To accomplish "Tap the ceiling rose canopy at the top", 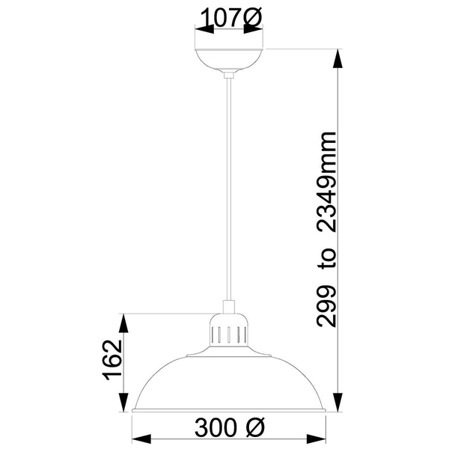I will (x=230, y=60).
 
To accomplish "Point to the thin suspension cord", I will (x=230, y=187).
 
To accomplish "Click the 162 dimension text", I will (x=112, y=362).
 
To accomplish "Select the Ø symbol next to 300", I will (x=254, y=429).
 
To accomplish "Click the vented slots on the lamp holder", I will (x=230, y=332).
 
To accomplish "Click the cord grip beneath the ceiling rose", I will (x=230, y=73).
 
